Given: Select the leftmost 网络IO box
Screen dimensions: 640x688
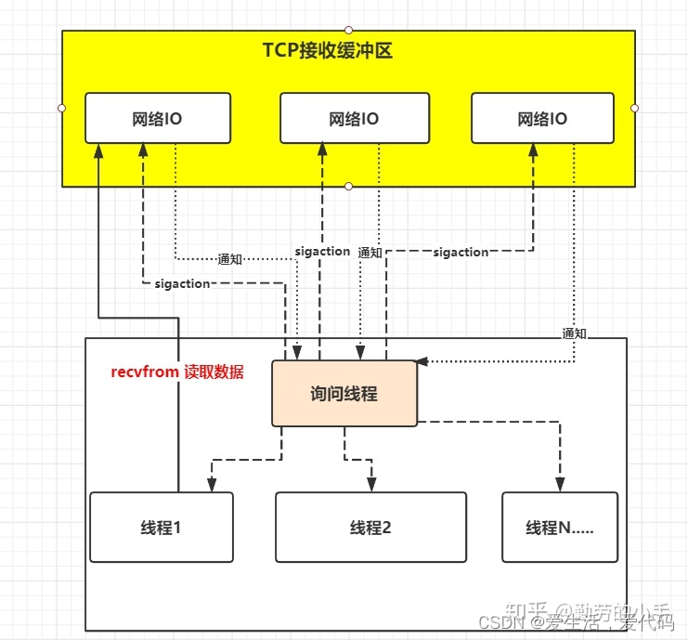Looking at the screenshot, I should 158,118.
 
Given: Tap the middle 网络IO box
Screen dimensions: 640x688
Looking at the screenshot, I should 354,118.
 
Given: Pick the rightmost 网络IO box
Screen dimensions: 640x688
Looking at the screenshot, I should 542,118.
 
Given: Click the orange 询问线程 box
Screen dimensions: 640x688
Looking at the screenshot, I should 344,394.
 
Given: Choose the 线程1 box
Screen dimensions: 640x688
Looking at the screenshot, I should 162,527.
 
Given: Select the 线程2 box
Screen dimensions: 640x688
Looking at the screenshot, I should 370,527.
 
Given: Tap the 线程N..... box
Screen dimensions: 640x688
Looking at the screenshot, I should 559,527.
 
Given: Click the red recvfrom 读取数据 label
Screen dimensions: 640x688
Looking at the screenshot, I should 177,372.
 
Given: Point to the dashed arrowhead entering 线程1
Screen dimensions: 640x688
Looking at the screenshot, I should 212,485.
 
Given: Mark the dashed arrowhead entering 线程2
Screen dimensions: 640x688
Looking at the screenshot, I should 372,485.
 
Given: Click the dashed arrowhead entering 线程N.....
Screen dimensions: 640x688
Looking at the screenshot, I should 560,485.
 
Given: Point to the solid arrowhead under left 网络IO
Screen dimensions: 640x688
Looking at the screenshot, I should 98,150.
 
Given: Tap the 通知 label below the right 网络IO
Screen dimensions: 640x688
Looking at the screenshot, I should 574,333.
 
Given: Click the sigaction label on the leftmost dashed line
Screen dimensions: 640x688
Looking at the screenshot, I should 183,283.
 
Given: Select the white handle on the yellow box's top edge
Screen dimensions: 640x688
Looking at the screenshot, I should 348,30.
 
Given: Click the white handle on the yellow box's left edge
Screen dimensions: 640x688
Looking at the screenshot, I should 62,108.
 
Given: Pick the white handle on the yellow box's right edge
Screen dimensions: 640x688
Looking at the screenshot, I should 635,108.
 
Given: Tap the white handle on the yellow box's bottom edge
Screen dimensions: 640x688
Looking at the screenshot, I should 348,187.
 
